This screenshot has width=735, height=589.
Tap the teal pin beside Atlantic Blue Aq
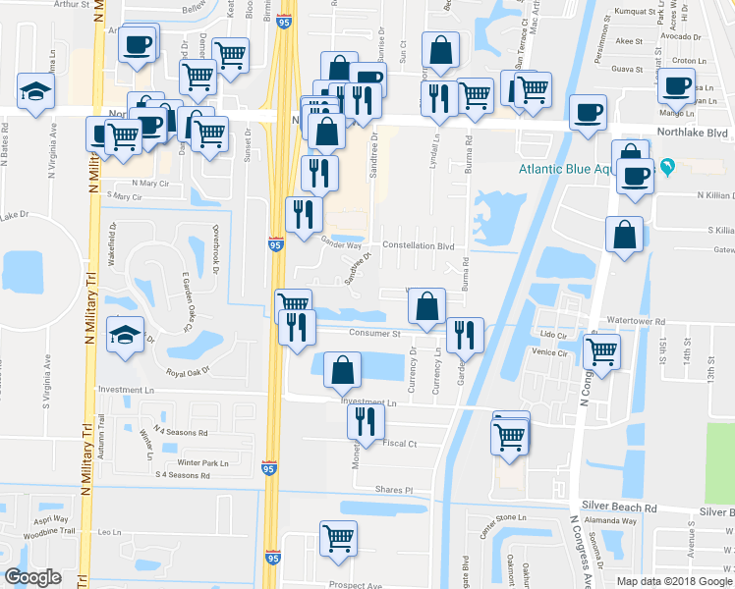coord(669,166)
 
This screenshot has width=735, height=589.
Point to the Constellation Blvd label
coord(418,245)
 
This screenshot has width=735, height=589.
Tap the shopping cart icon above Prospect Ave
coord(338,538)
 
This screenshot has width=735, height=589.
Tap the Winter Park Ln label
coord(202,462)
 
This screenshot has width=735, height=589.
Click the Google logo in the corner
coord(32,577)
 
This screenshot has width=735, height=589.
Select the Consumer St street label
coord(376,333)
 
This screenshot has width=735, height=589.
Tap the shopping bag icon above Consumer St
coord(425,306)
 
